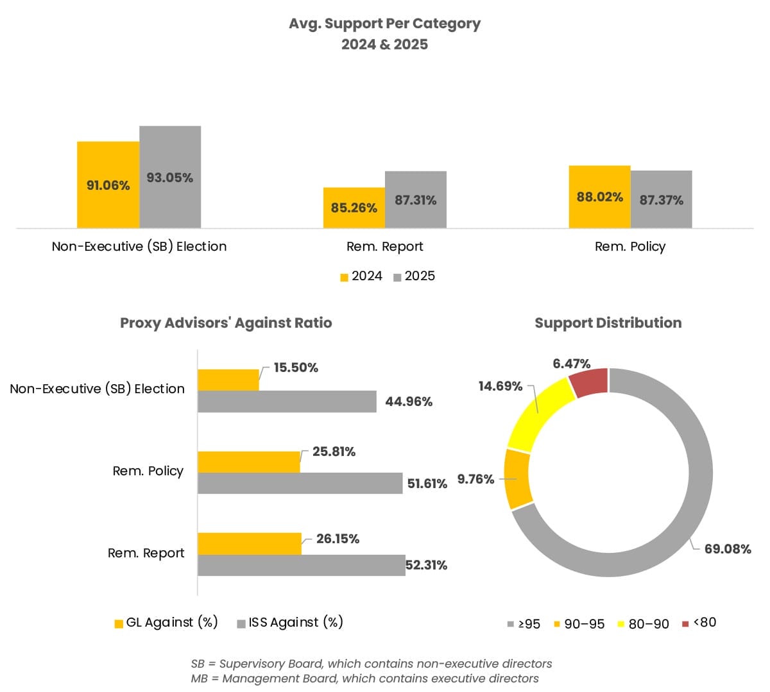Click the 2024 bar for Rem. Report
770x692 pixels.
coord(354,208)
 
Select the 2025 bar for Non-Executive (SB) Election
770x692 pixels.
coord(170,177)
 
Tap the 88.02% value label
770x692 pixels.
coord(599,197)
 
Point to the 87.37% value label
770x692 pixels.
coord(661,200)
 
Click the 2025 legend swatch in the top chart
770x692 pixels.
coord(397,277)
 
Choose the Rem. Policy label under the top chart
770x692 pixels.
coord(629,247)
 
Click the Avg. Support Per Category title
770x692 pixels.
coord(384,24)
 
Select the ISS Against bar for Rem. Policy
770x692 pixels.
coord(300,483)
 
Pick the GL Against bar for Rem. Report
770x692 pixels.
coord(249,543)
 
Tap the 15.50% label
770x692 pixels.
coord(296,367)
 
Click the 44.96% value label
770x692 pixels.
coord(409,401)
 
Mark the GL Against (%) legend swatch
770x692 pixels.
coord(119,623)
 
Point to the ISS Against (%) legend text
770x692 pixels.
coord(296,622)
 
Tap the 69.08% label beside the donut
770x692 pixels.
coord(727,549)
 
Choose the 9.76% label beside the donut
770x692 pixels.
coord(475,479)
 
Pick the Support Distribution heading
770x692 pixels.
coord(608,323)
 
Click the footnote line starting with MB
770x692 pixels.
coord(364,679)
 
